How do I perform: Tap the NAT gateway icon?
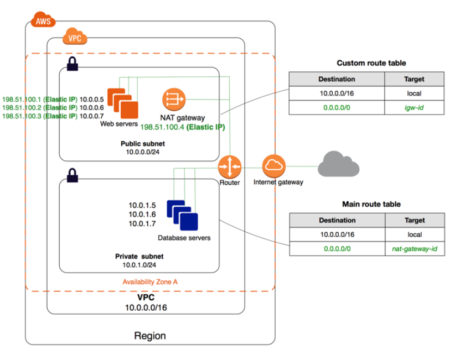point(174,100)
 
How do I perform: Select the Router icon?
point(229,166)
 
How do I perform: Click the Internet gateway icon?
point(273,165)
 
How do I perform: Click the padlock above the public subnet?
point(72,64)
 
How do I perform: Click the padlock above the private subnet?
point(72,175)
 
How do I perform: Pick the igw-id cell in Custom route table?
point(414,108)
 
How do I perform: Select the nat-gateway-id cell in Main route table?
point(414,249)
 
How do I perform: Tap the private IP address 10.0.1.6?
point(142,214)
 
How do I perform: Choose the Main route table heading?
point(371,204)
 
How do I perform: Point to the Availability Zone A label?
point(150,281)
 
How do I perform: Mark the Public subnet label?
point(142,143)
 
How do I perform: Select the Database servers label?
point(184,238)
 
